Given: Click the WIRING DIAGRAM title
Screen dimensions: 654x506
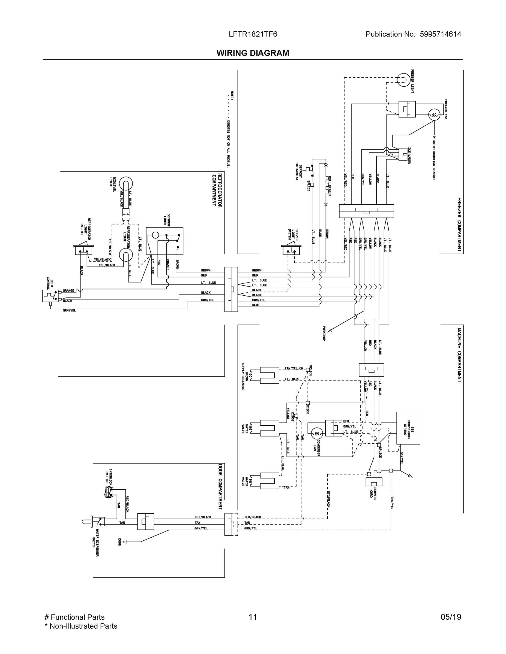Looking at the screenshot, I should point(253,53).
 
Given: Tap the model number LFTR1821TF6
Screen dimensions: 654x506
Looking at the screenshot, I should point(253,34).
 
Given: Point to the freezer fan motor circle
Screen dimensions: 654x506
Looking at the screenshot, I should point(434,114).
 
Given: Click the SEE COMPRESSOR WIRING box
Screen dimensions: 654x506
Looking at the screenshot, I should point(408,428).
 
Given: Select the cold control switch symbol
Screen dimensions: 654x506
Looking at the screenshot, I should point(50,296).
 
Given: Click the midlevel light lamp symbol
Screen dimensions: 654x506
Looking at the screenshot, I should point(126,184).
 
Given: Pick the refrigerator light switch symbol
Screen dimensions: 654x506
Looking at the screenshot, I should point(83,250).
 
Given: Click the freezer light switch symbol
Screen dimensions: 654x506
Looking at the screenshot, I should point(291,249).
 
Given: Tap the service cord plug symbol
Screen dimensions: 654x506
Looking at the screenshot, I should point(374,482).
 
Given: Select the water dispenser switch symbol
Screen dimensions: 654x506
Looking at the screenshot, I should point(97,521).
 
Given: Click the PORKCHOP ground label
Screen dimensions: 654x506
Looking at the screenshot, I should point(324,333).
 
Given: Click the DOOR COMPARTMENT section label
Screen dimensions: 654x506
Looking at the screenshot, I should point(220,487).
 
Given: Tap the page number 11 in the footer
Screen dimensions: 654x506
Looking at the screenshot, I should point(253,617).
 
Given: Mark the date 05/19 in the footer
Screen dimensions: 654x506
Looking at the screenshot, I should point(451,617).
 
